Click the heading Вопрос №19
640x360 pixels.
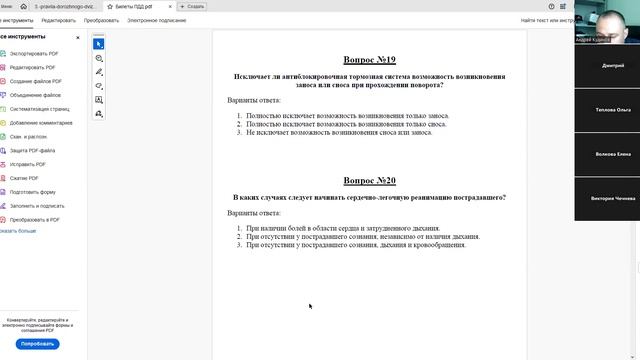[370, 60]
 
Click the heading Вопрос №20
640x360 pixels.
[370, 181]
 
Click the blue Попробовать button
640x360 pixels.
[38, 343]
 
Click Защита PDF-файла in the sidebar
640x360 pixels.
[34, 150]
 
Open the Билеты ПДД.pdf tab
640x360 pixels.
[135, 6]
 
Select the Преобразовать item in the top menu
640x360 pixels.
[101, 20]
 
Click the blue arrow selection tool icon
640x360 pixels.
[99, 44]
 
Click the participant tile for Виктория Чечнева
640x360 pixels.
[606, 198]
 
